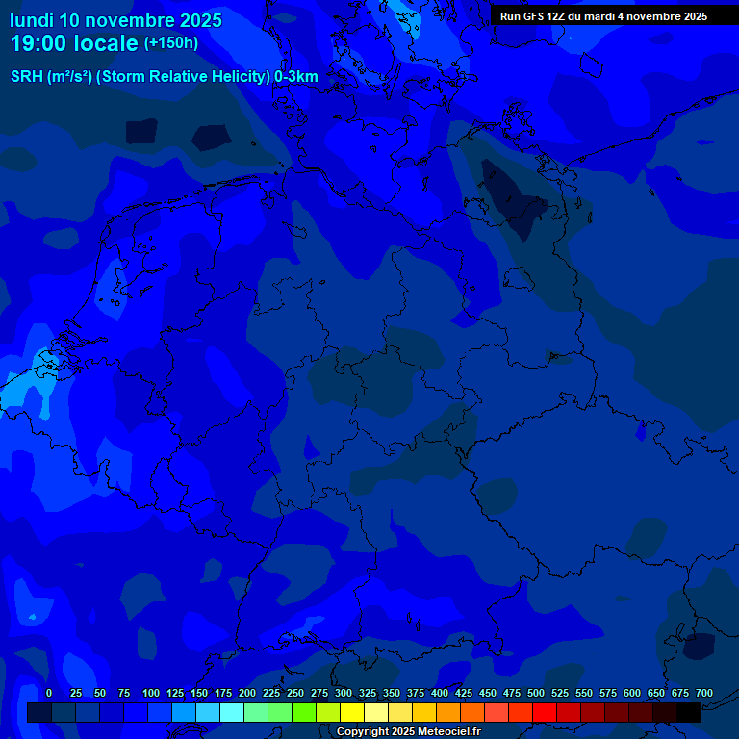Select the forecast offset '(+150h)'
(171, 43)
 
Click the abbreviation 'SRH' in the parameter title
(27, 77)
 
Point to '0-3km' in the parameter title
(296, 77)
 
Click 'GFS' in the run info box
(535, 16)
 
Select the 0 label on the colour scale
(49, 694)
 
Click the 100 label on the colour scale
(151, 694)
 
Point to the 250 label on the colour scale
(295, 694)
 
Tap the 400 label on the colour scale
(440, 694)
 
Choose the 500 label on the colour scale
(536, 694)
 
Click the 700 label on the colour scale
(704, 694)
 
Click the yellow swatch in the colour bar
(352, 713)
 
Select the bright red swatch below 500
(545, 713)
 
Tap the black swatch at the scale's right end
(689, 713)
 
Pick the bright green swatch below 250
(304, 713)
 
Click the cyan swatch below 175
(232, 713)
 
